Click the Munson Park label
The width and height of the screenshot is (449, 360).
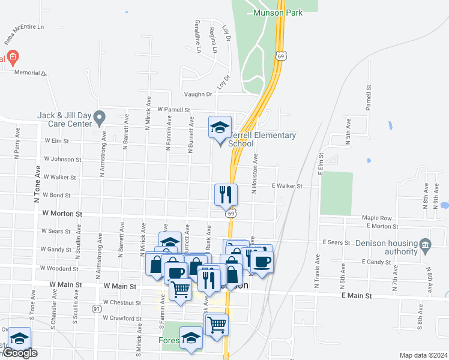278,12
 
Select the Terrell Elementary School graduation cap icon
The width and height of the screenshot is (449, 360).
220,127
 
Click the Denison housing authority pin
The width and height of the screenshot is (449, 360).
425,244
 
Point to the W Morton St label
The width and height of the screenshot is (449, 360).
61,213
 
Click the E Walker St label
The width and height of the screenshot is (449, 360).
287,186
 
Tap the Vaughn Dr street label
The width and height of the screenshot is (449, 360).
199,94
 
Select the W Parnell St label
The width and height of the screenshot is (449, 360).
173,110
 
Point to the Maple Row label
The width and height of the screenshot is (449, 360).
376,218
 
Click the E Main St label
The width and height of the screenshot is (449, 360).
357,296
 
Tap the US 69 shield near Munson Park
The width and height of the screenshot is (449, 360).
281,56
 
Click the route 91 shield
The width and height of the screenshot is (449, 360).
97,308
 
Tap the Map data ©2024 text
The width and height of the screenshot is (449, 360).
423,355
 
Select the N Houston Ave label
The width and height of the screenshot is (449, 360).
255,173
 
